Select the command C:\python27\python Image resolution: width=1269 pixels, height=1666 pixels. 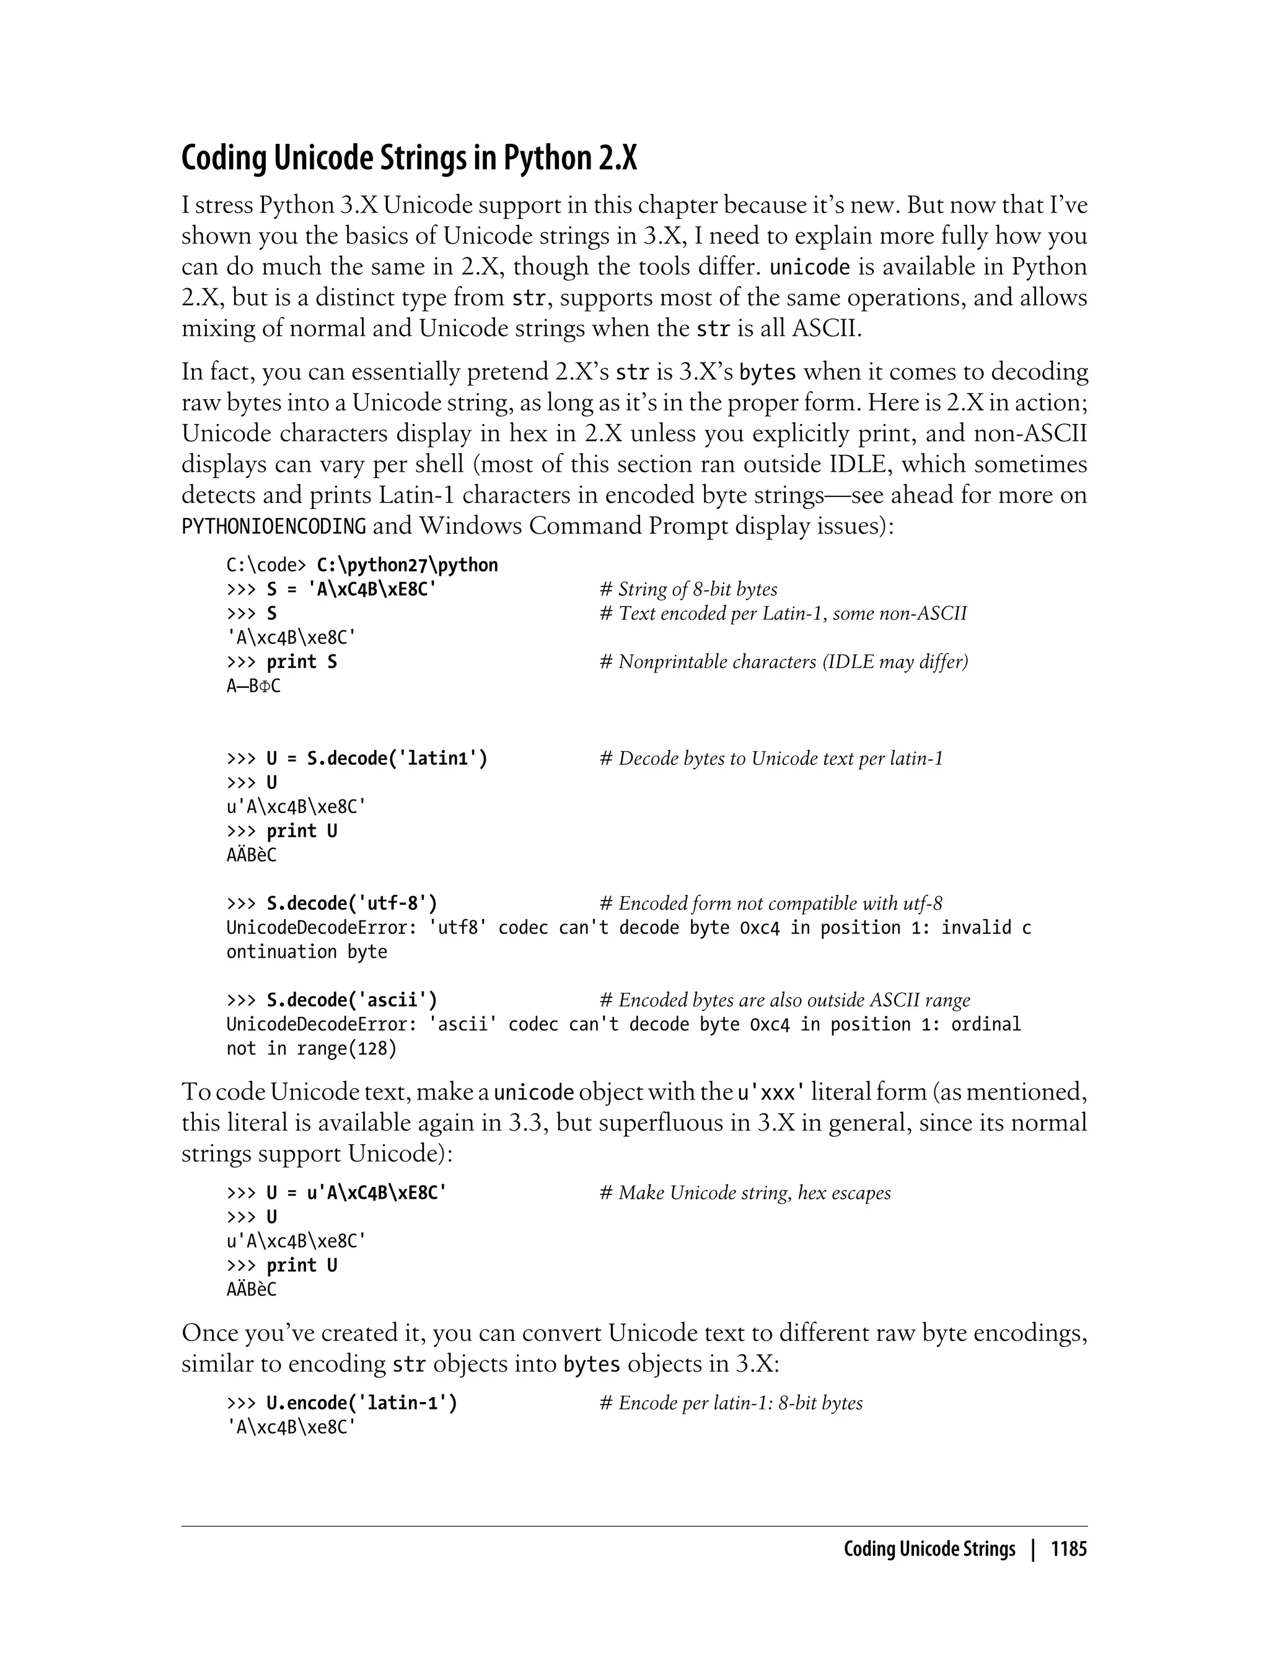(407, 565)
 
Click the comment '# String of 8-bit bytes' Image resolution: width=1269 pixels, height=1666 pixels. (688, 589)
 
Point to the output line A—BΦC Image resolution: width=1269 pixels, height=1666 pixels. (253, 686)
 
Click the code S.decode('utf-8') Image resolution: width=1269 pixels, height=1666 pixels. (352, 904)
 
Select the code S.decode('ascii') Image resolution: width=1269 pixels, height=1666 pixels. (352, 1000)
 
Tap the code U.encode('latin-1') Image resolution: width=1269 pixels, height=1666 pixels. (362, 1403)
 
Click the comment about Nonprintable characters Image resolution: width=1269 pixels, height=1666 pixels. (783, 662)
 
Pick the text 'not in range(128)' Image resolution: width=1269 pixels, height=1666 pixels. (311, 1049)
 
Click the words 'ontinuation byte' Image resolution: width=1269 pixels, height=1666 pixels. (307, 952)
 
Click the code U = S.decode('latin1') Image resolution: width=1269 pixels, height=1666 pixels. (377, 759)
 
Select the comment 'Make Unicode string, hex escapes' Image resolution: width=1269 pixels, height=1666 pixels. (745, 1193)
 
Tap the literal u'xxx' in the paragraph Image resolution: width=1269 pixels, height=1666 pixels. (770, 1093)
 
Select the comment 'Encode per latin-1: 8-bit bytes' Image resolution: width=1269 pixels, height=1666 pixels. (731, 1403)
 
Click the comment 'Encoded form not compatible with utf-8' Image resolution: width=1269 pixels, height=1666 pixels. (770, 904)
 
